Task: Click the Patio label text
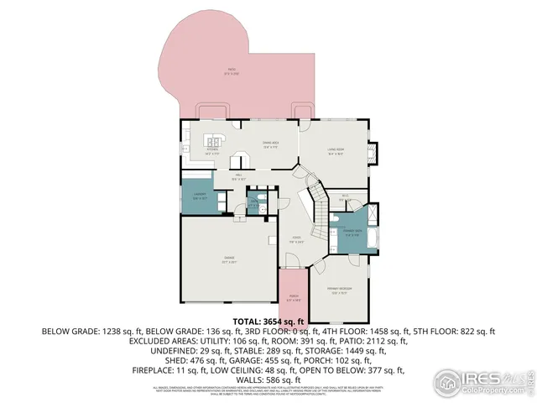[231, 72]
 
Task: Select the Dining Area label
[270, 146]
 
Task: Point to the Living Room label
[335, 152]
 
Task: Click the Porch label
[294, 296]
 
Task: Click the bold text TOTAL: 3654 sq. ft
[268, 322]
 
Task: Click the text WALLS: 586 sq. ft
[268, 379]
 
